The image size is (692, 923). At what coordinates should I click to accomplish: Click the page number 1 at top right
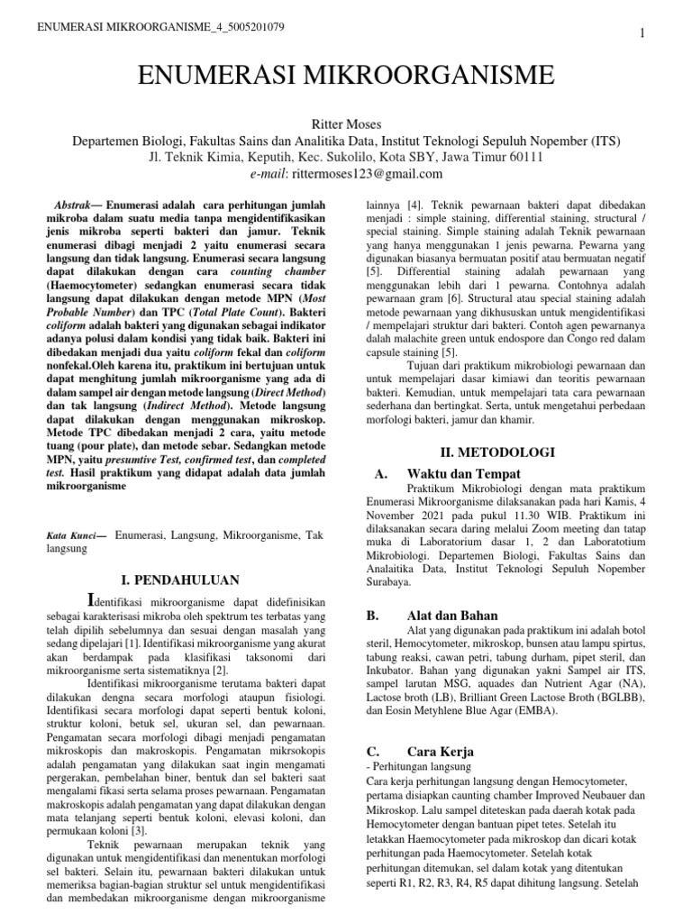(x=642, y=33)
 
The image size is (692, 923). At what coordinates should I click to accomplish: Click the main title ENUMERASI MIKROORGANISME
(x=345, y=76)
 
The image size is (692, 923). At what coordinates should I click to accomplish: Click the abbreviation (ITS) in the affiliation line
(x=605, y=142)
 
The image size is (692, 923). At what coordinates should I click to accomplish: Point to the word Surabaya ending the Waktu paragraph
(x=394, y=583)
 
